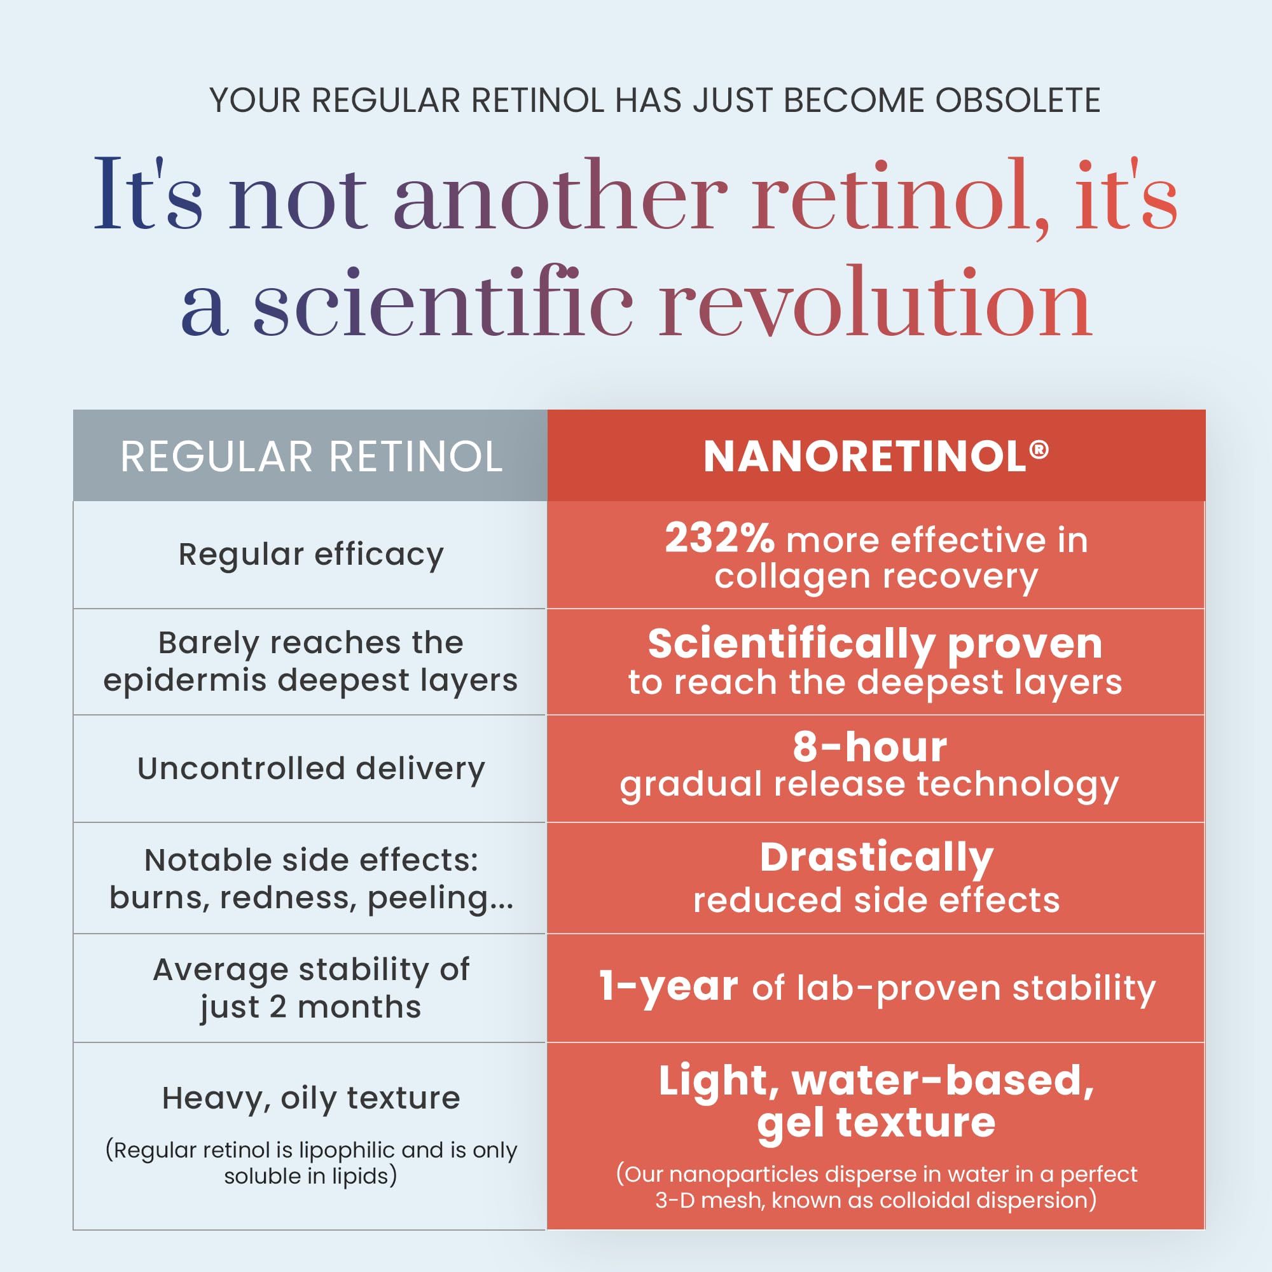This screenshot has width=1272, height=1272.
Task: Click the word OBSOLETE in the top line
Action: click(1018, 100)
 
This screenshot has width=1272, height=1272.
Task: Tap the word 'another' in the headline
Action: click(560, 195)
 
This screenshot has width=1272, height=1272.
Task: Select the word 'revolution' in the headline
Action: click(876, 303)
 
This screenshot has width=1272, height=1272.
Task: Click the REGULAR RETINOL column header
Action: click(312, 456)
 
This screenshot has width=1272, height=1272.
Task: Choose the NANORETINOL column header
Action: click(876, 456)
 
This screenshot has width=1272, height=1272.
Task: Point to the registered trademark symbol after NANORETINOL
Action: click(1039, 449)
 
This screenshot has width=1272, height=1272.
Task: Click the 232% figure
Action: click(719, 538)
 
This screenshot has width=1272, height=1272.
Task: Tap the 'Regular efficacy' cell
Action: click(312, 555)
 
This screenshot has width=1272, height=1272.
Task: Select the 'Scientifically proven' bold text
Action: click(875, 644)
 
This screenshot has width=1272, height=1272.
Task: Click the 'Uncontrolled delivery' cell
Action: click(312, 768)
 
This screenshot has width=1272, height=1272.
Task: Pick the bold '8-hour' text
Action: click(869, 747)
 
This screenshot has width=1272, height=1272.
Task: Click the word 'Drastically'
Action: click(876, 858)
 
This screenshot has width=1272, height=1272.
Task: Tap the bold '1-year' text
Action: click(668, 987)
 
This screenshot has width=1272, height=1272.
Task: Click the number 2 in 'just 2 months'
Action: click(278, 1007)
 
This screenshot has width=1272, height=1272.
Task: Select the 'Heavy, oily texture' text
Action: click(312, 1098)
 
